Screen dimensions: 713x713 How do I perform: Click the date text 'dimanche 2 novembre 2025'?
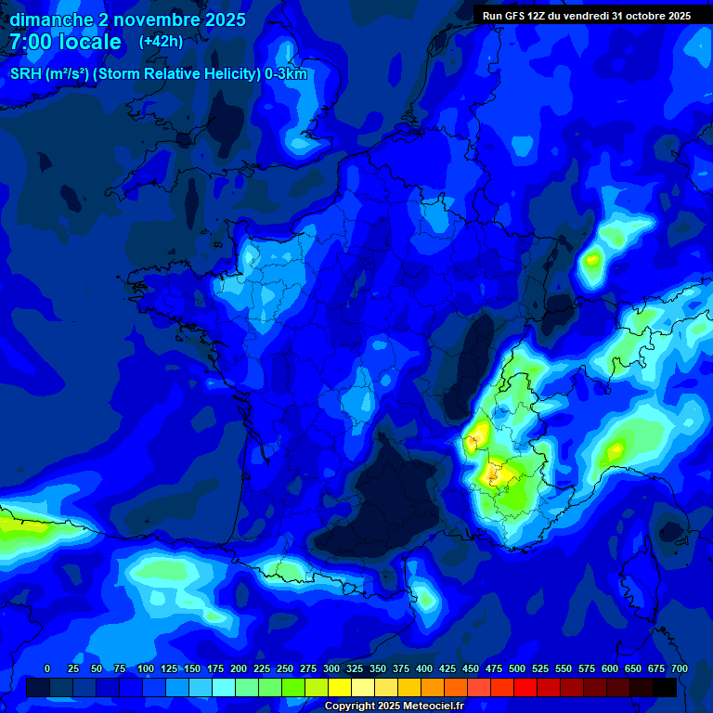(x=127, y=19)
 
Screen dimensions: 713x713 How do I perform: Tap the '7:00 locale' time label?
(x=65, y=42)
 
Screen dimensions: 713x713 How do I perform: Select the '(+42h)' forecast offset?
(x=161, y=41)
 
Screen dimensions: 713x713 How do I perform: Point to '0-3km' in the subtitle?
(x=285, y=74)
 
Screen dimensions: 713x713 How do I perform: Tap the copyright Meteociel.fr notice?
(x=393, y=706)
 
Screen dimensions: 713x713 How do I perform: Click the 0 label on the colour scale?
(x=47, y=668)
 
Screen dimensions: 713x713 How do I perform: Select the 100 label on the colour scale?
(x=146, y=668)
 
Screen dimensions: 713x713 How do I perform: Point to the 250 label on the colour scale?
(x=285, y=668)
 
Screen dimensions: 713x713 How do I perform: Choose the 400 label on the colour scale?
(x=424, y=668)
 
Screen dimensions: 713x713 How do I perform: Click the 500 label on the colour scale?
(x=517, y=668)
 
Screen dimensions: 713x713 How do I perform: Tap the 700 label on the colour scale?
(x=680, y=668)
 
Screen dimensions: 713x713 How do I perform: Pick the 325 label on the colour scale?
(x=355, y=668)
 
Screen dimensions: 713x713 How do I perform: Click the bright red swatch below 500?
(x=525, y=687)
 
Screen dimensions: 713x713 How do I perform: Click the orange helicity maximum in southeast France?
(x=489, y=473)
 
